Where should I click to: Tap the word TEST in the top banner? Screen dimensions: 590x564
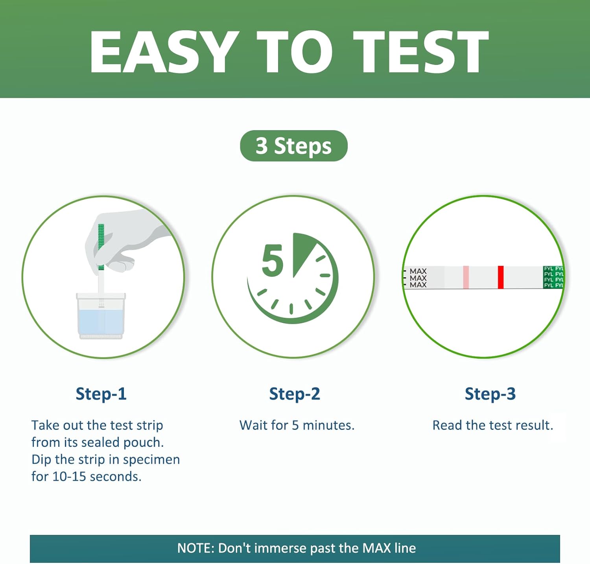click(421, 52)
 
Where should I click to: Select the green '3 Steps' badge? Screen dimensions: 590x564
click(294, 146)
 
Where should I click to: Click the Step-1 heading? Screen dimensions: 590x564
click(101, 394)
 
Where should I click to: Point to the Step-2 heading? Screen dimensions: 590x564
click(295, 394)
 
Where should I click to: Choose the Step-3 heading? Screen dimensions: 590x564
click(490, 394)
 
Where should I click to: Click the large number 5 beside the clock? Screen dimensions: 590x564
click(272, 260)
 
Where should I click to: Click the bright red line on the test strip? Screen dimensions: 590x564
click(501, 277)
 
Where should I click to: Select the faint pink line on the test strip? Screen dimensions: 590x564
click(466, 277)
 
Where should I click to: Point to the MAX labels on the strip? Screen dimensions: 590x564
click(418, 278)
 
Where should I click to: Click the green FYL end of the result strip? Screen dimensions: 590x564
click(553, 277)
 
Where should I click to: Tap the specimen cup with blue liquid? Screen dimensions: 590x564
click(101, 316)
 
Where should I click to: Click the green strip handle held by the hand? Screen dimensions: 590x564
click(101, 247)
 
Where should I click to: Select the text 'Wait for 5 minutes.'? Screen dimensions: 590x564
click(297, 425)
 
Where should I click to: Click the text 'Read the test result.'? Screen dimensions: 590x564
click(493, 425)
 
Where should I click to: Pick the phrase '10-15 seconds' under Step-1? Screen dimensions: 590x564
click(96, 477)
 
